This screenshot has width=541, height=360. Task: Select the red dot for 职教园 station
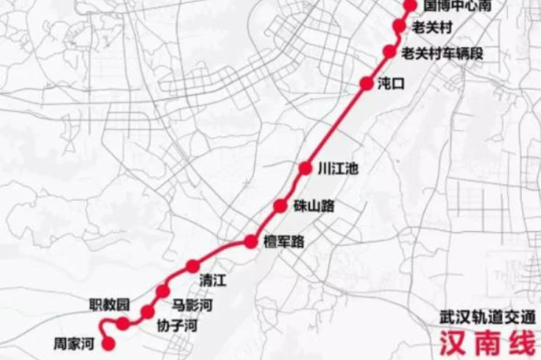click(123, 323)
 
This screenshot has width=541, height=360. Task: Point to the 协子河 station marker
click(148, 312)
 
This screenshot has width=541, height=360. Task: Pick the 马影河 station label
click(191, 303)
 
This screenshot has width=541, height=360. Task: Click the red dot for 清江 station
click(193, 266)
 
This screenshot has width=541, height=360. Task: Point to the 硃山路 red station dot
click(280, 205)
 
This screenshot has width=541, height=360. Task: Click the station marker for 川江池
click(305, 168)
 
